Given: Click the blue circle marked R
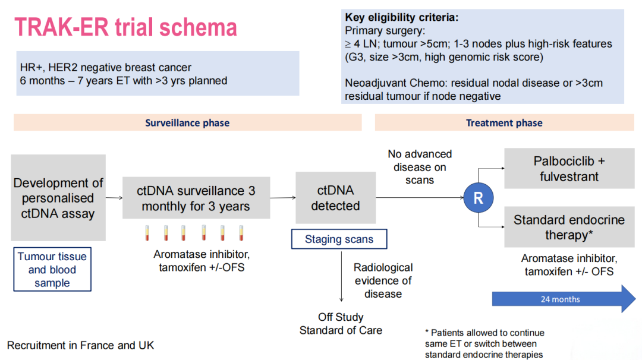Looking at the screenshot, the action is click(x=478, y=198).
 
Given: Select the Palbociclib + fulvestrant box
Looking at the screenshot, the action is click(x=569, y=169).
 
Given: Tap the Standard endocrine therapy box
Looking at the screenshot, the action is click(x=569, y=227).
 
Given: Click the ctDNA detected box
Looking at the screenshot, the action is click(x=335, y=198).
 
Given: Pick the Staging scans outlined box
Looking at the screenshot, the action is click(x=339, y=239).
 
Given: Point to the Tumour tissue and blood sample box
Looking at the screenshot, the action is click(x=52, y=269).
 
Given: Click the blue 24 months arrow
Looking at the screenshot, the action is click(x=564, y=299).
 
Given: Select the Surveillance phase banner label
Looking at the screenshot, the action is click(x=187, y=123).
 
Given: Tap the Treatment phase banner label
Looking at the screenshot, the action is click(x=504, y=123).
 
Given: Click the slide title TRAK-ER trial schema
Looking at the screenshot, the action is click(x=125, y=27).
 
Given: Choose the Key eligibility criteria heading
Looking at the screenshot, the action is click(x=402, y=17).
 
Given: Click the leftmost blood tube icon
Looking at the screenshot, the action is click(x=147, y=233).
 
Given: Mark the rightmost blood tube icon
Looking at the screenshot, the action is click(x=241, y=233).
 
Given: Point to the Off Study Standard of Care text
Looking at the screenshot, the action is click(x=341, y=324).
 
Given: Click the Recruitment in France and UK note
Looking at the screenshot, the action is click(x=81, y=345).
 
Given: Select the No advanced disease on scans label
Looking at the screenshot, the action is click(x=420, y=167).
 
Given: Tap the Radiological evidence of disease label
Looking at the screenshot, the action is click(x=383, y=280).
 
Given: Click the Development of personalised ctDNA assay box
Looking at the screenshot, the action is click(x=58, y=198).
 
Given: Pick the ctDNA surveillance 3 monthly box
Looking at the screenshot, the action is click(x=196, y=198).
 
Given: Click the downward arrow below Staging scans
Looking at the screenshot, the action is click(x=341, y=277).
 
